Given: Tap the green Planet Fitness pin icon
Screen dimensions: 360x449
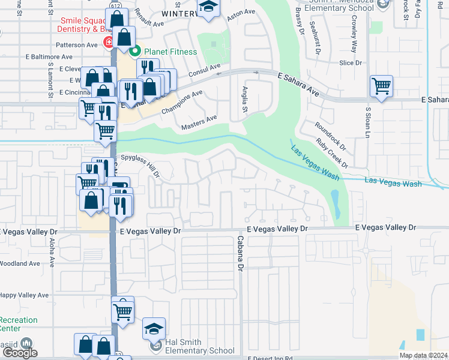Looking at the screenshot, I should pyautogui.click(x=136, y=51).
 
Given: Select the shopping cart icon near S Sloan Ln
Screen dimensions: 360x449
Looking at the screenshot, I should pyautogui.click(x=381, y=86).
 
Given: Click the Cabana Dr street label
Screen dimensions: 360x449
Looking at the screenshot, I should pyautogui.click(x=239, y=252).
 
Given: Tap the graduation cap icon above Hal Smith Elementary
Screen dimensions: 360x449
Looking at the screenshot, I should pyautogui.click(x=154, y=328).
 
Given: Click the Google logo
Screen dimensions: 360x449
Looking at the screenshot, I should pyautogui.click(x=19, y=353).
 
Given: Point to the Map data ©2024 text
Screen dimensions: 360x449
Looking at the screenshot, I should pyautogui.click(x=423, y=355).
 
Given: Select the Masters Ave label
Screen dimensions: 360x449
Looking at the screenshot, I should pyautogui.click(x=199, y=123).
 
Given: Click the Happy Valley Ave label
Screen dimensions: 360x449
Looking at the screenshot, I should pyautogui.click(x=24, y=295).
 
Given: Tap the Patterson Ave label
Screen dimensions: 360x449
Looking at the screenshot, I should pyautogui.click(x=76, y=44).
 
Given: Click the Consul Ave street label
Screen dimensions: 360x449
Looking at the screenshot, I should pyautogui.click(x=205, y=70).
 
